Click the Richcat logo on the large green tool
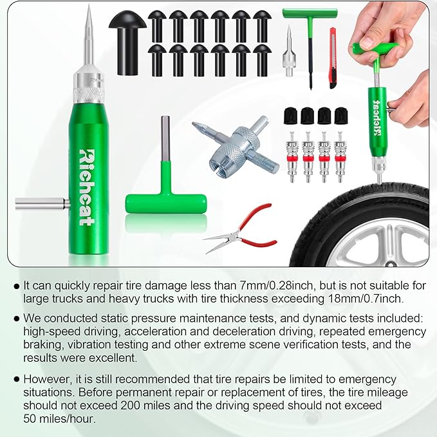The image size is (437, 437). (86, 187)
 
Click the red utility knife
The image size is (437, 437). (333, 57)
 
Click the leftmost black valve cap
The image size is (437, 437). (289, 116)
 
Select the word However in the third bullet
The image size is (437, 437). (48, 379)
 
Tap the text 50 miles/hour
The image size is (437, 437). (59, 419)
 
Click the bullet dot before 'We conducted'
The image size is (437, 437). (15, 319)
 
